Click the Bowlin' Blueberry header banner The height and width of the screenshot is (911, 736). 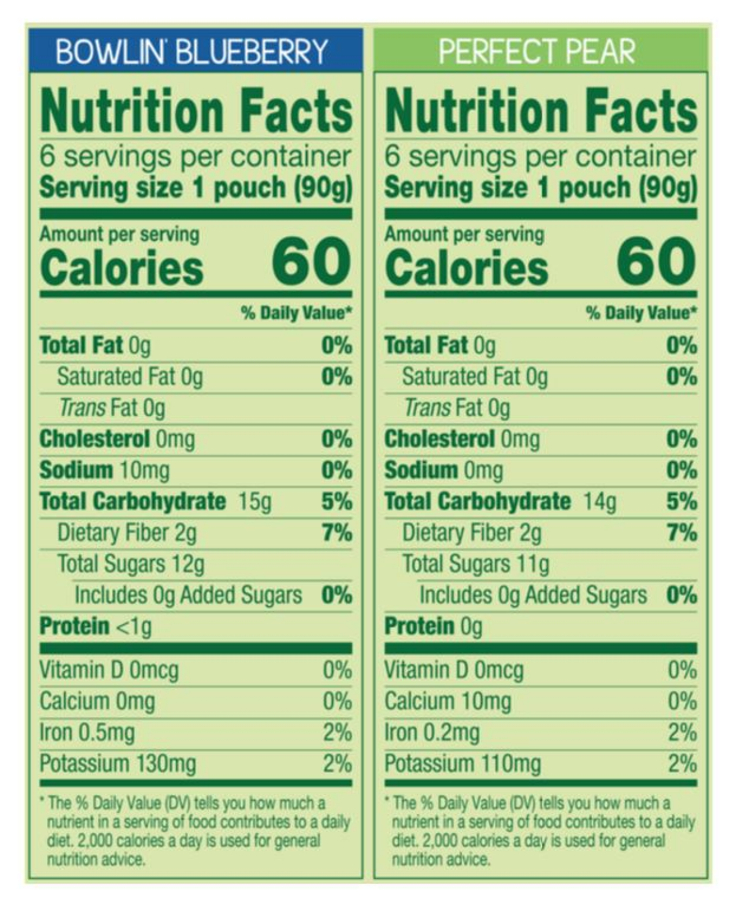[x=191, y=52]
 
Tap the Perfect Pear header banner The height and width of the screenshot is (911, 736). [x=537, y=52]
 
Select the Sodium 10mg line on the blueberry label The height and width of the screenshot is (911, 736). [x=104, y=471]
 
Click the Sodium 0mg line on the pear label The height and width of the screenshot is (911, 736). [x=443, y=471]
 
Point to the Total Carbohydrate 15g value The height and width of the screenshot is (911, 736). [x=255, y=502]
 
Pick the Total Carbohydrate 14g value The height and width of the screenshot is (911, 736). [x=599, y=502]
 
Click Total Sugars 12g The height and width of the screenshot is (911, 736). [x=131, y=564]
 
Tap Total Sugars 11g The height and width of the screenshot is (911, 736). [x=475, y=564]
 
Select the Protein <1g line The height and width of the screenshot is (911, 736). [x=95, y=626]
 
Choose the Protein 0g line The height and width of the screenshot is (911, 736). [x=433, y=626]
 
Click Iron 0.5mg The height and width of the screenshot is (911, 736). [x=87, y=732]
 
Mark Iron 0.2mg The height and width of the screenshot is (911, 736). [x=432, y=732]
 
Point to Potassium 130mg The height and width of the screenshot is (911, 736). [x=118, y=764]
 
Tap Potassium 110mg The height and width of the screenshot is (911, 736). [x=462, y=764]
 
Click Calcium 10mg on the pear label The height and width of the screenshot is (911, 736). [x=447, y=701]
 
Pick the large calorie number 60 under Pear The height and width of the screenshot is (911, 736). [x=656, y=262]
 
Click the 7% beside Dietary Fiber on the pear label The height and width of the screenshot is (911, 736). [x=681, y=532]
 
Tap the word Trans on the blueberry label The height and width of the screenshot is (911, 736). [x=82, y=408]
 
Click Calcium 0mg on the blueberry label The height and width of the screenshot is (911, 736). [x=97, y=701]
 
